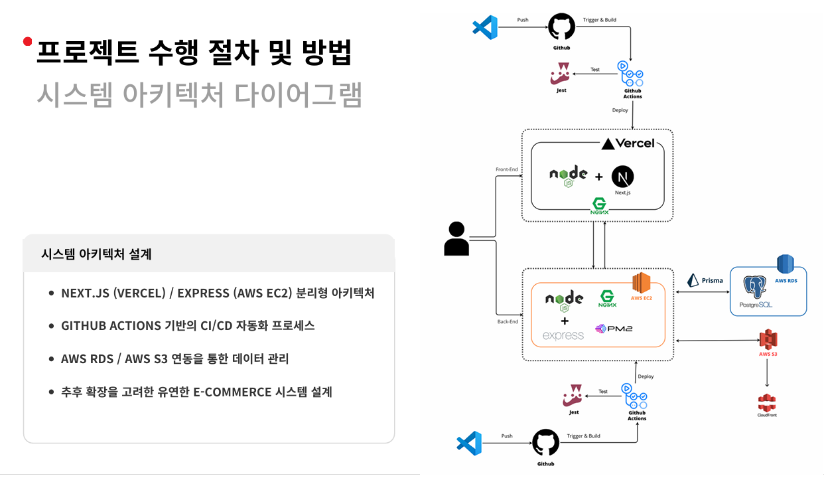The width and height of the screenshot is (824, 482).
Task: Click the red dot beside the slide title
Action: tap(27, 42)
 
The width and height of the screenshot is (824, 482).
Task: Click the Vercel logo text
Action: tap(628, 143)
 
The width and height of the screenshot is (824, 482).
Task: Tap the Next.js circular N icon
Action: tap(622, 177)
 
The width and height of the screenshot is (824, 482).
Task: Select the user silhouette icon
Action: tap(456, 239)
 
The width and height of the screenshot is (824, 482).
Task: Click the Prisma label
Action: tap(712, 280)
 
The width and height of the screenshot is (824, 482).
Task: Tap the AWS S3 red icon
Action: tap(768, 340)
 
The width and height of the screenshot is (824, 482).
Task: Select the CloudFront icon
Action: tap(767, 402)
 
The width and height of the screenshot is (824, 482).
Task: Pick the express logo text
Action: tap(563, 335)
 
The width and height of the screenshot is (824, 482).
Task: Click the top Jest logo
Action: tap(561, 74)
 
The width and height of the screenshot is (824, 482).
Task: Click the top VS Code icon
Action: tap(485, 27)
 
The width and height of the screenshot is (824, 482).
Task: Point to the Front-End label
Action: tap(507, 169)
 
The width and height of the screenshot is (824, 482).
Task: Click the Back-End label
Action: tap(507, 321)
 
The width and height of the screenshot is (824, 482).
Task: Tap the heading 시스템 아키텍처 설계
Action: tap(96, 254)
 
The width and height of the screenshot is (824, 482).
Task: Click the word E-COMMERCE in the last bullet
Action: tap(232, 392)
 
